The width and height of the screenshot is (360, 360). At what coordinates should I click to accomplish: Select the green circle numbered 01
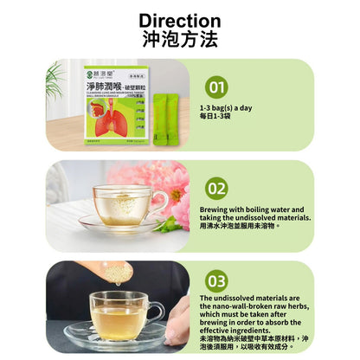[x=217, y=87]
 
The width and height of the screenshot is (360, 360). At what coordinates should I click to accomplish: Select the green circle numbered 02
[x=216, y=186]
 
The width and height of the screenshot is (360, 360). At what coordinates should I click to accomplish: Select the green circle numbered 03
[x=217, y=280]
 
